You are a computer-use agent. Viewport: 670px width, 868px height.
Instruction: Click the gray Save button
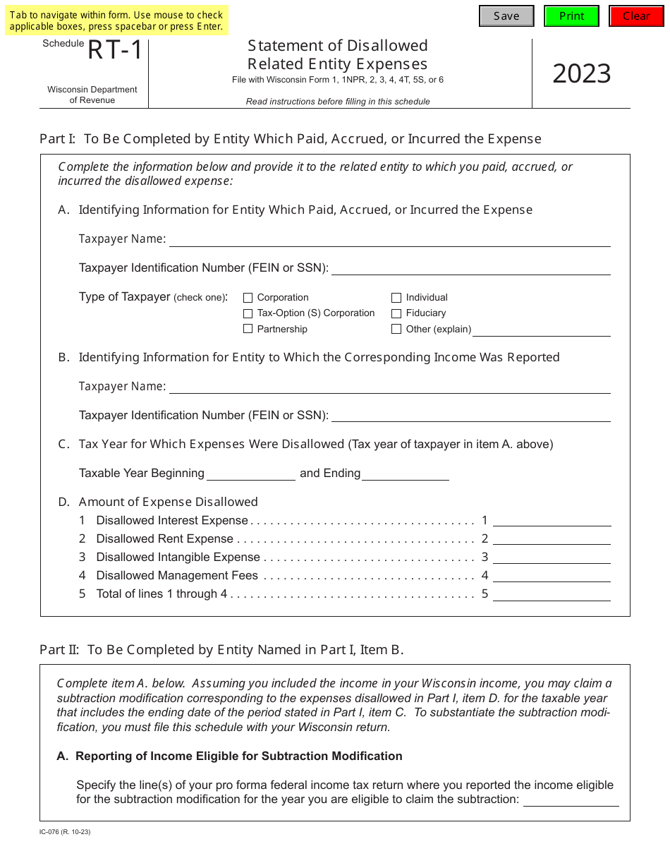tap(506, 16)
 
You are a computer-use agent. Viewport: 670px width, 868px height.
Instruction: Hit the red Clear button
tap(636, 16)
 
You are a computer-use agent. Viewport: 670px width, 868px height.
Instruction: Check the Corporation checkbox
tap(248, 298)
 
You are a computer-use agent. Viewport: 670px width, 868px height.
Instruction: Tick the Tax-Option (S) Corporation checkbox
tap(248, 313)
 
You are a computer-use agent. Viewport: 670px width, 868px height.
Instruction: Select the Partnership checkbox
tap(248, 329)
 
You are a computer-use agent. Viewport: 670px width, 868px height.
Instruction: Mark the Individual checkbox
tap(396, 298)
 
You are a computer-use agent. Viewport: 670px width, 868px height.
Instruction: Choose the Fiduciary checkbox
tap(396, 313)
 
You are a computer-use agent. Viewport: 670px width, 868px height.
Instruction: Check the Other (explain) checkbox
tap(396, 329)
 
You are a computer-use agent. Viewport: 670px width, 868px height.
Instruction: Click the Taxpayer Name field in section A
tap(389, 239)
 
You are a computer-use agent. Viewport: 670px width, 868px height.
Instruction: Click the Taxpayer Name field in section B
tap(389, 387)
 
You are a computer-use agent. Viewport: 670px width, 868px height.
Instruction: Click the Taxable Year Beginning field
tap(250, 474)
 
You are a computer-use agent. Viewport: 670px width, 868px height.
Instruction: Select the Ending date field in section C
tap(406, 474)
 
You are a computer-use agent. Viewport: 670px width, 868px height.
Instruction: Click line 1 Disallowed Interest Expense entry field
tap(552, 520)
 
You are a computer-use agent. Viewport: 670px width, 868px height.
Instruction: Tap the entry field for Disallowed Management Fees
tap(552, 575)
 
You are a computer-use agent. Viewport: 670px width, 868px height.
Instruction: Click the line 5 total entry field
tap(552, 594)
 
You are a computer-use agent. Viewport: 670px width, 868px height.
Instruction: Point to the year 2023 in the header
tap(581, 73)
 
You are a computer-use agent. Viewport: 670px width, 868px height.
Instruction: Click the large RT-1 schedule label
tap(115, 51)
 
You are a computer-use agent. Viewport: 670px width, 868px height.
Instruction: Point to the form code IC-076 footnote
tap(65, 832)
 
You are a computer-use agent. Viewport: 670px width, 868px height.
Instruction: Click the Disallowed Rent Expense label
tap(164, 539)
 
